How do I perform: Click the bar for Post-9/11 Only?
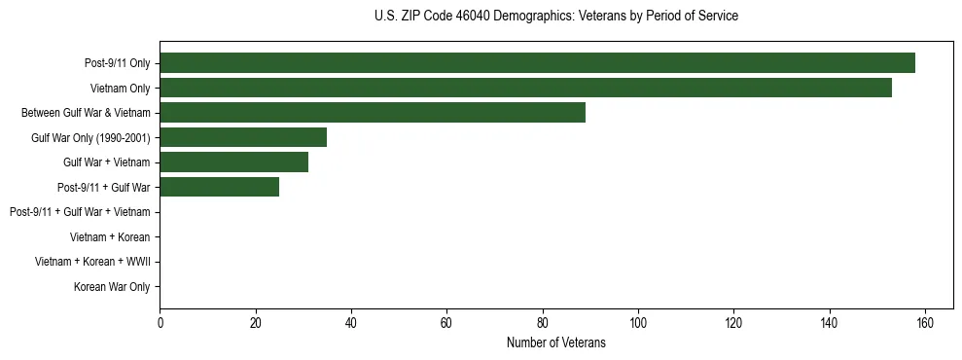tap(537, 62)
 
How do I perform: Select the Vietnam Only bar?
tap(525, 88)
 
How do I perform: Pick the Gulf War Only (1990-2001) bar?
tap(243, 137)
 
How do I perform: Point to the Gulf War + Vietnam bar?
tap(233, 162)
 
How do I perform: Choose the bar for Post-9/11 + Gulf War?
tap(219, 187)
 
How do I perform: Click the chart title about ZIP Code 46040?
tap(555, 16)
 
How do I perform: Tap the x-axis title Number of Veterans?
tap(555, 342)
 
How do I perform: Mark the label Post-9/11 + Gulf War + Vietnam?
tap(80, 212)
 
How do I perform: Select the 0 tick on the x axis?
tap(160, 323)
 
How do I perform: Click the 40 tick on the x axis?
tap(351, 323)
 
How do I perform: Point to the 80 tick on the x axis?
tap(543, 323)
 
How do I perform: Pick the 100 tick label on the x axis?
tap(638, 323)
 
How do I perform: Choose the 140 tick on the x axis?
tap(830, 323)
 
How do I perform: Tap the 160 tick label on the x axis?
tap(925, 323)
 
